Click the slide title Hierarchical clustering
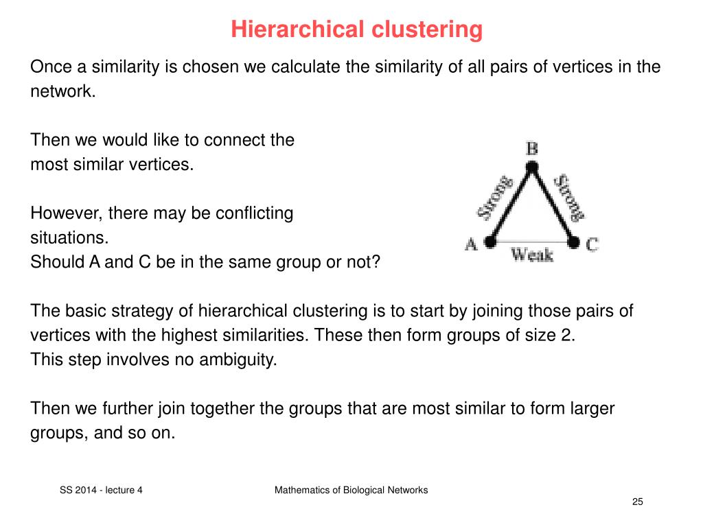click(x=356, y=30)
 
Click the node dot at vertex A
click(x=490, y=242)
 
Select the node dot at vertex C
click(x=574, y=242)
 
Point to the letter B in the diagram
click(x=532, y=148)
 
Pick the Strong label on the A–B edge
click(x=496, y=198)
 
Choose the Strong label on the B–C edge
click(x=569, y=198)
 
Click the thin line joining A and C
click(x=532, y=242)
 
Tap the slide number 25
click(x=638, y=502)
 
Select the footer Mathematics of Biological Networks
click(x=351, y=490)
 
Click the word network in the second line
click(x=61, y=92)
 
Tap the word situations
click(x=69, y=238)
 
